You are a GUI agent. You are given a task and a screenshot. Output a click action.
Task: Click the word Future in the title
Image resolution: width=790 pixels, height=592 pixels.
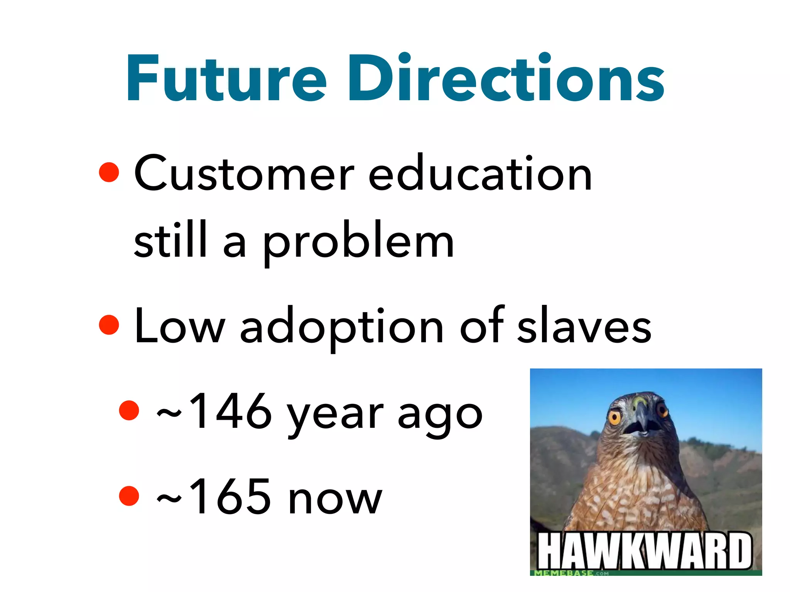click(227, 78)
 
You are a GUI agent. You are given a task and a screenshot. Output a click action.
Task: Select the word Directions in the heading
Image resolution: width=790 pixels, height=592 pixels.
click(506, 78)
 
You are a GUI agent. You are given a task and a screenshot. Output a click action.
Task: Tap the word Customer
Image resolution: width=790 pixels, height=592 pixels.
click(244, 173)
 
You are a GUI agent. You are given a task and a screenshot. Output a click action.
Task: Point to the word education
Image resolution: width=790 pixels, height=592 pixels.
click(480, 173)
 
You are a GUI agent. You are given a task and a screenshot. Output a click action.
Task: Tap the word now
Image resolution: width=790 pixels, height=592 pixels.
click(335, 499)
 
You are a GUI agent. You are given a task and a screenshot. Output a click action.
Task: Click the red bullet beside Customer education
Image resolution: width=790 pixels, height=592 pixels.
click(109, 172)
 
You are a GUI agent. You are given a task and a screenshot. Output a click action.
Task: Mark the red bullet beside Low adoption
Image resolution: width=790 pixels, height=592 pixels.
click(109, 325)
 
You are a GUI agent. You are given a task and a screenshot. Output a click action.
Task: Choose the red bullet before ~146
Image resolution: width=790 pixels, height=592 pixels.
click(129, 410)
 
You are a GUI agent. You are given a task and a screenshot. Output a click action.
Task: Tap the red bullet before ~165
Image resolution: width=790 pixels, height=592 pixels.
click(129, 496)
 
